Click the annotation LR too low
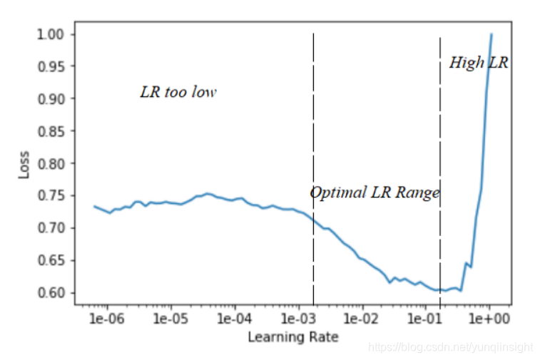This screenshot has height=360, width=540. coord(178,92)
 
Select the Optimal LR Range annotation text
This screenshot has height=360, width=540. coord(375,192)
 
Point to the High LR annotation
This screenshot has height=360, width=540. coord(479,63)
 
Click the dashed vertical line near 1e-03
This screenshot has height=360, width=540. coord(313,143)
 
